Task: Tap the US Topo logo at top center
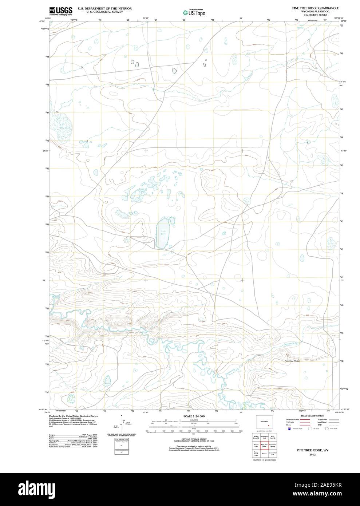click(x=194, y=12)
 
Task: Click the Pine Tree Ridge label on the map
click(x=292, y=360)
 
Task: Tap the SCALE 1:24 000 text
click(x=194, y=416)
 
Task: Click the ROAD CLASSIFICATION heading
click(x=312, y=416)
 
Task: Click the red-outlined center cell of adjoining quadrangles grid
click(x=264, y=445)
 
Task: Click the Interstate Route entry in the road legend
click(x=293, y=420)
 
